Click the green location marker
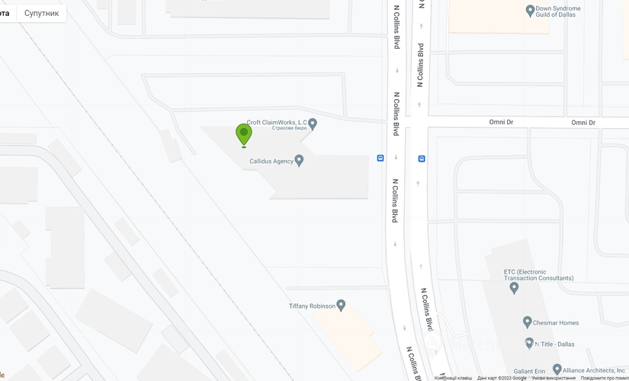244,134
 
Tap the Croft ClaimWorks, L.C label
276,122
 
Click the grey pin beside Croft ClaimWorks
313,123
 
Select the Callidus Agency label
271,162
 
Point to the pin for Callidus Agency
299,161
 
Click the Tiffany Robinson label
312,306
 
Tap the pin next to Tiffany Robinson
341,305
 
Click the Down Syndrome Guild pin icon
530,11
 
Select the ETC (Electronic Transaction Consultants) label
538,274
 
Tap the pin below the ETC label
514,287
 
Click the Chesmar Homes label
557,322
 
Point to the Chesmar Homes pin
527,322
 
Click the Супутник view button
41,13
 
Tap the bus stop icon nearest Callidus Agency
380,158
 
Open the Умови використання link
554,378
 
